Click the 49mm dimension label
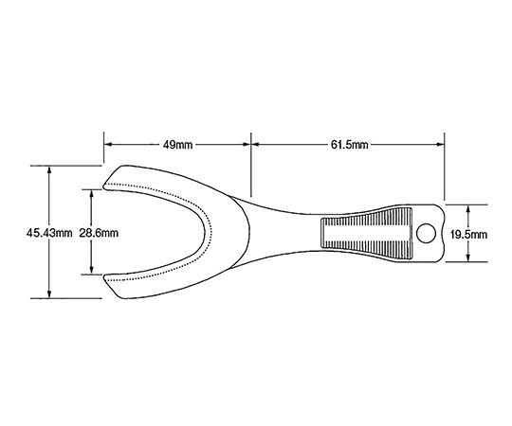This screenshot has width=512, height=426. click(177, 145)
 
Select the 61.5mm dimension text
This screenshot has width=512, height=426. click(349, 145)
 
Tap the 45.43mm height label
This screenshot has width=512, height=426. click(49, 234)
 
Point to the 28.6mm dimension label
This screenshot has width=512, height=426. click(99, 234)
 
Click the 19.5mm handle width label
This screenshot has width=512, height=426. click(468, 234)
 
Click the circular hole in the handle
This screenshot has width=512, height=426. click(427, 234)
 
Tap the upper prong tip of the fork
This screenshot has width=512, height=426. click(104, 187)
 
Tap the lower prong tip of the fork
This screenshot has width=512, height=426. click(104, 277)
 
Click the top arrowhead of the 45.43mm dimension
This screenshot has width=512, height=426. click(49, 169)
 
